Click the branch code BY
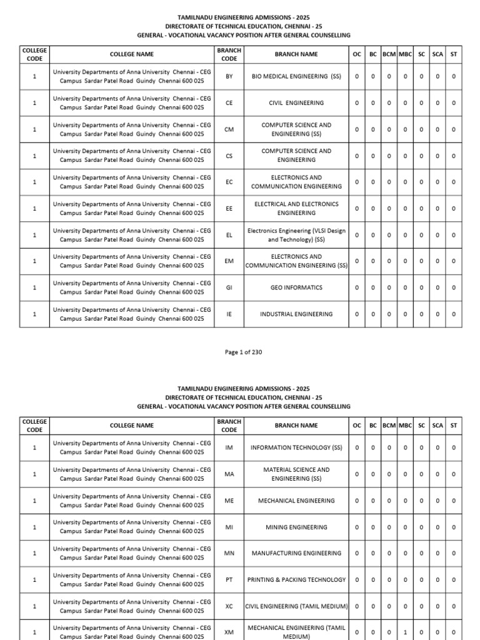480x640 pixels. (x=229, y=76)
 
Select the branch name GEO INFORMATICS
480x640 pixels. (x=296, y=287)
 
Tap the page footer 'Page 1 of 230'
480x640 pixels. (x=243, y=352)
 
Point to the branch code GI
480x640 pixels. (x=229, y=287)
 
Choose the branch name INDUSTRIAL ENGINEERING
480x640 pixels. (x=296, y=314)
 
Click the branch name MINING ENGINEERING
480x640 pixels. (x=296, y=527)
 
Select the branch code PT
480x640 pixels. (x=229, y=580)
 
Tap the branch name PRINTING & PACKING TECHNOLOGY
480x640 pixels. (x=296, y=580)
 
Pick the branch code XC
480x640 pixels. (x=229, y=606)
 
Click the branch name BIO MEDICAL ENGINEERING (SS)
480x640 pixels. (x=296, y=76)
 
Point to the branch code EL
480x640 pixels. (x=229, y=235)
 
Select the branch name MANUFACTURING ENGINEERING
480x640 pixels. (x=296, y=553)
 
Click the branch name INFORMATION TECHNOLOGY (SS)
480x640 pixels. (x=296, y=447)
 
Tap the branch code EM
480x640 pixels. (x=229, y=261)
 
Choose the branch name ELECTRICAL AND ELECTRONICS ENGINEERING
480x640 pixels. (x=296, y=208)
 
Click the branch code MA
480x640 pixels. (x=229, y=474)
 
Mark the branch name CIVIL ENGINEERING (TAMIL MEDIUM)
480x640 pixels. (x=296, y=606)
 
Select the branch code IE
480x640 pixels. (x=229, y=314)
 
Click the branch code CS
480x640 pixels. (x=229, y=156)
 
